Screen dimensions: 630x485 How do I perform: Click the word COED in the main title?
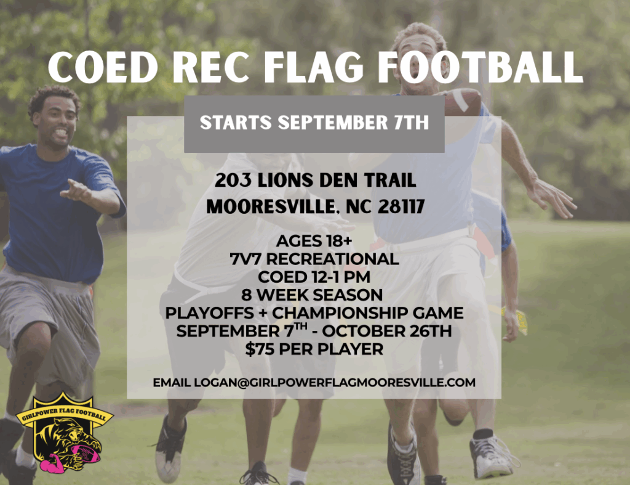pyautogui.click(x=103, y=67)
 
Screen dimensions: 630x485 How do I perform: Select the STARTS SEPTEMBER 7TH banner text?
pyautogui.click(x=314, y=123)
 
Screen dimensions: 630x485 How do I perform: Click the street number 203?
pyautogui.click(x=233, y=180)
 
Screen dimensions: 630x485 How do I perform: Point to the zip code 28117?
pyautogui.click(x=401, y=206)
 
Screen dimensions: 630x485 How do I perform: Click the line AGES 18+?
pyautogui.click(x=314, y=241)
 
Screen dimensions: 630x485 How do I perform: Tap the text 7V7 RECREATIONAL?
pyautogui.click(x=314, y=259)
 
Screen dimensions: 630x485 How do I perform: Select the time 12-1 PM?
pyautogui.click(x=341, y=277)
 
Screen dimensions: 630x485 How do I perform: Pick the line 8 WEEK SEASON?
pyautogui.click(x=312, y=295)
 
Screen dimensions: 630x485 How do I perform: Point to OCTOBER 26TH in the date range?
pyautogui.click(x=387, y=332)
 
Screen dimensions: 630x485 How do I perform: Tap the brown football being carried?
pyautogui.click(x=463, y=102)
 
